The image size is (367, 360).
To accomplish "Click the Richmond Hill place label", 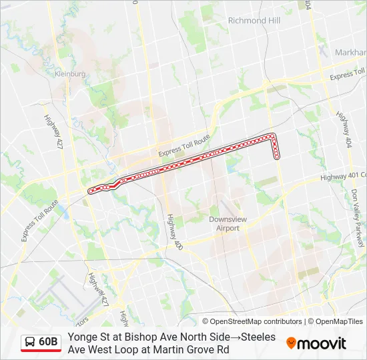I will pos(254,21).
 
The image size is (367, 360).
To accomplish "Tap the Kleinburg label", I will pos(71,74).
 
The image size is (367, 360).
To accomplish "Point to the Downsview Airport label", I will pos(224,223).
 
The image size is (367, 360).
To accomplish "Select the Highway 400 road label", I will pos(174,232).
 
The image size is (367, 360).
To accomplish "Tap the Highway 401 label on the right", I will pos(343,176).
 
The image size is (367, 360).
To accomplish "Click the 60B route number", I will pos(49,342).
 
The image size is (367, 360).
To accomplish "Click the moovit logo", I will pos(316,343).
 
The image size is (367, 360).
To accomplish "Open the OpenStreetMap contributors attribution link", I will pos(256,321).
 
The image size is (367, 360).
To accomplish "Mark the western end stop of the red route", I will pos(91,191).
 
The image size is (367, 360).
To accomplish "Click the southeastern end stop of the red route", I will pos(276,157).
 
